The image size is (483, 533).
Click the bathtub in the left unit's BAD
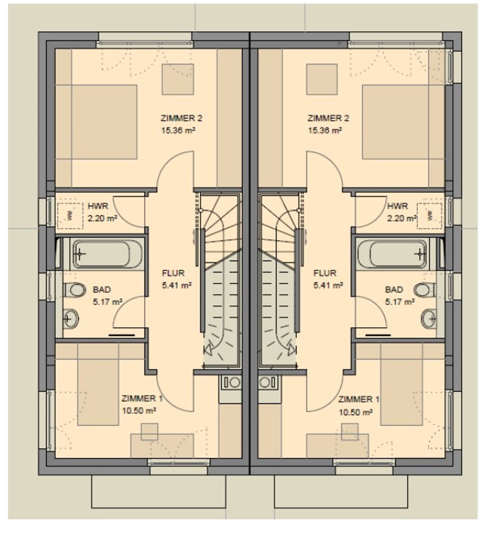point(107,254)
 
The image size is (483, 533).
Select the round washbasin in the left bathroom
point(71,319)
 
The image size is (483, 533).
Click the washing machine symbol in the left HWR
point(70,216)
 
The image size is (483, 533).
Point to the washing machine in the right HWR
point(430,216)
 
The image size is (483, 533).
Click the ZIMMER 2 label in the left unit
point(182,118)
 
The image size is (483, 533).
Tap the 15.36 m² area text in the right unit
point(325,130)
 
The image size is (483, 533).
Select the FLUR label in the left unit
point(173,273)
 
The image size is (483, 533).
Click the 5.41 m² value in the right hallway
point(327,285)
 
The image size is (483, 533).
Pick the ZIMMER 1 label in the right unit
point(359,399)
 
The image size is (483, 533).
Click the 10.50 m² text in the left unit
point(139,411)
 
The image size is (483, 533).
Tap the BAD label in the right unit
point(394,290)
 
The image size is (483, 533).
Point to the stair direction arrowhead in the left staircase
point(208,349)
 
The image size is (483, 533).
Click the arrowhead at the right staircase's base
point(292,349)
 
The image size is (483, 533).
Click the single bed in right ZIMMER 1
point(401,384)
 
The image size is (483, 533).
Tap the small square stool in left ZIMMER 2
point(178,79)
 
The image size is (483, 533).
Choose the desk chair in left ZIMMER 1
point(150,432)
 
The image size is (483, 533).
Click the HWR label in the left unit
point(98,206)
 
